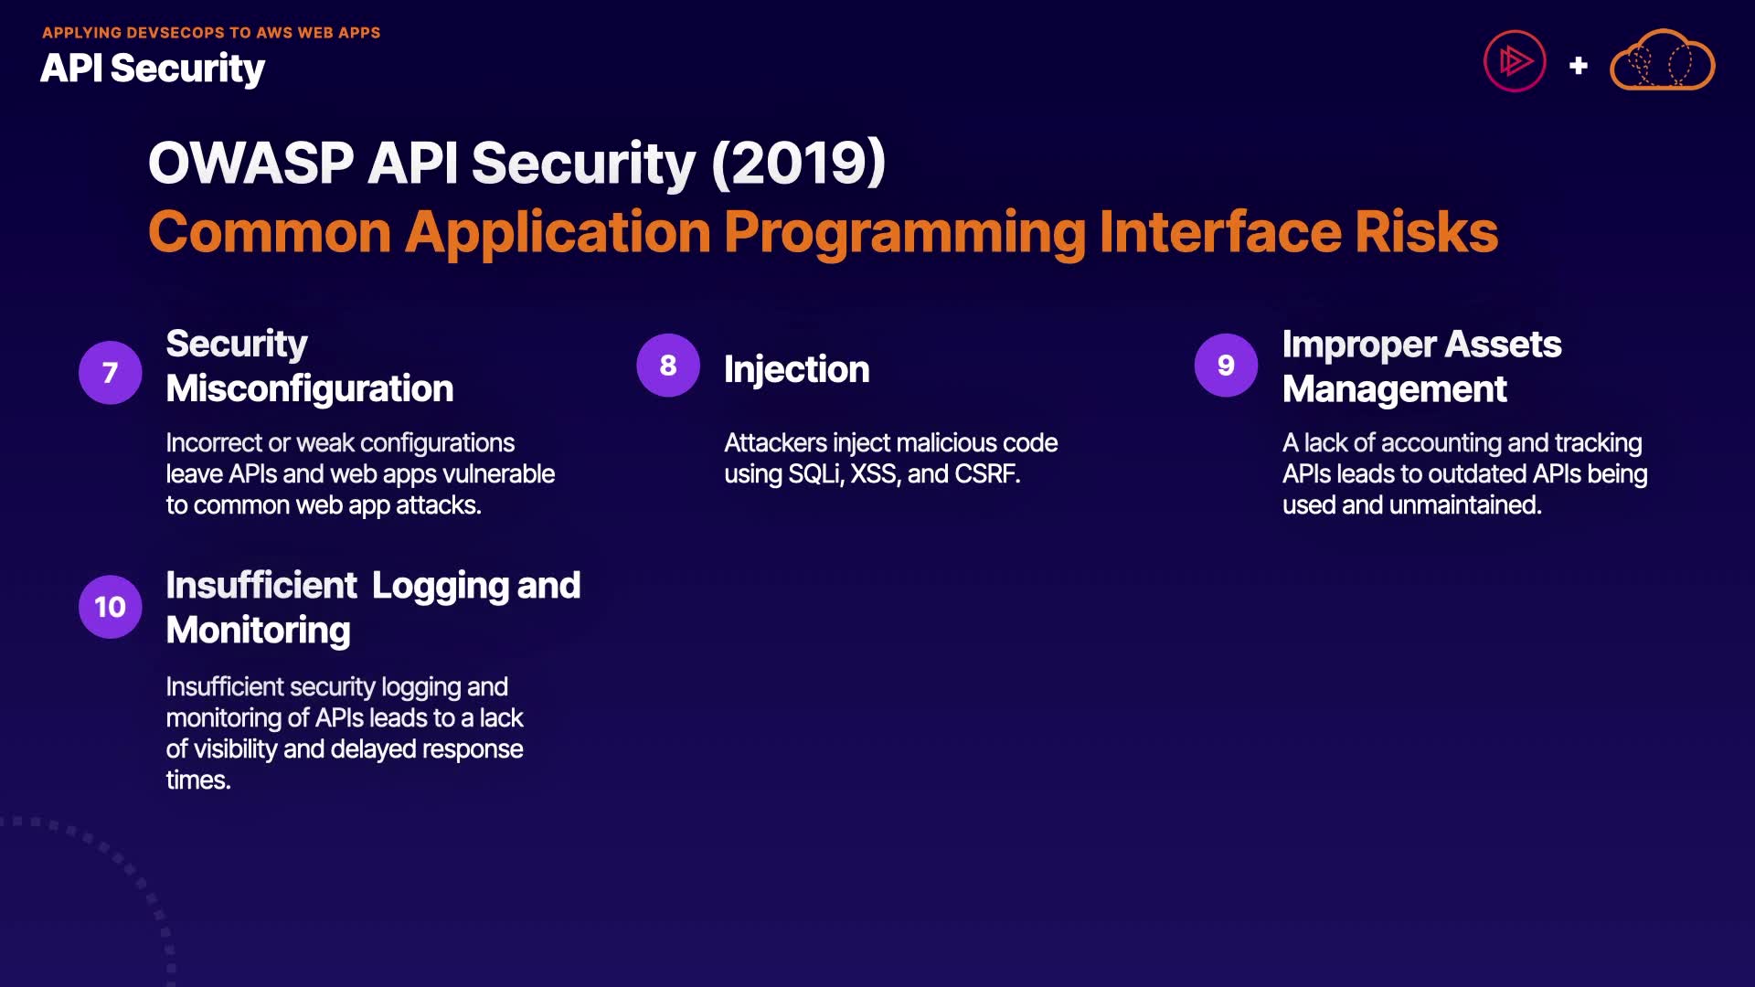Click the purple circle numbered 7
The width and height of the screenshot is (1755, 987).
(x=110, y=372)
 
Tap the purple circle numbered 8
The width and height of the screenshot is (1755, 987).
(x=668, y=365)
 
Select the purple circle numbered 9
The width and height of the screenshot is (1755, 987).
(x=1226, y=365)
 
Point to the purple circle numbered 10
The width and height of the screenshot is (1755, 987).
(x=110, y=607)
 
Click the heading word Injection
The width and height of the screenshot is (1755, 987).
(x=797, y=369)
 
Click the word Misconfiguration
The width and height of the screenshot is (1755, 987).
(x=310, y=388)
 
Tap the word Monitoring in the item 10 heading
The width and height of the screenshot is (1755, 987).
(x=259, y=631)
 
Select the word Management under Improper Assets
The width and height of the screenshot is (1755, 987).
(x=1395, y=389)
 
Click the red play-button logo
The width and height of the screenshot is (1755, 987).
(x=1515, y=61)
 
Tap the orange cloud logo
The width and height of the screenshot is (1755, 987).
(x=1662, y=60)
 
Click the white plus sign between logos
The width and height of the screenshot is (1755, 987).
(x=1579, y=66)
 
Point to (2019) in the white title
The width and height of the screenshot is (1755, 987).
(x=799, y=163)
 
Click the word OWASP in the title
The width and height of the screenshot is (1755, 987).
(x=251, y=163)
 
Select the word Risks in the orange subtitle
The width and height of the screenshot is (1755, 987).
(x=1427, y=231)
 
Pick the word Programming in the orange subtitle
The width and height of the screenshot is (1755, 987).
(x=905, y=233)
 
